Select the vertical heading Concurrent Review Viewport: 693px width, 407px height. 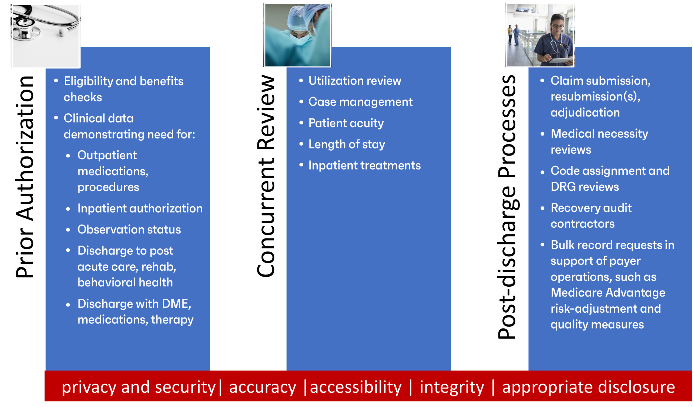[x=266, y=176]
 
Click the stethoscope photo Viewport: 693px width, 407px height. [x=46, y=36]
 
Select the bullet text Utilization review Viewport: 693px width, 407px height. [x=355, y=81]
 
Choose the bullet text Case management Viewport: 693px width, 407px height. [x=360, y=102]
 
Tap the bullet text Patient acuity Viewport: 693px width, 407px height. [x=346, y=123]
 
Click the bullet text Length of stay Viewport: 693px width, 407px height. [x=346, y=144]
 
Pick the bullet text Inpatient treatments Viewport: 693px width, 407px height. [x=364, y=166]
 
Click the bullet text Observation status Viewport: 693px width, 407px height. [x=129, y=230]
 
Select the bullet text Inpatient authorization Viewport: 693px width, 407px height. [x=140, y=208]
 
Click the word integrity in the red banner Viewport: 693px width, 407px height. [x=452, y=387]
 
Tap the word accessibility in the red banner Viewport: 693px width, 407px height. [x=356, y=387]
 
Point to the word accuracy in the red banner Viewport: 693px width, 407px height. [x=263, y=387]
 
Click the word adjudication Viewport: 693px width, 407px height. [x=585, y=113]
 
